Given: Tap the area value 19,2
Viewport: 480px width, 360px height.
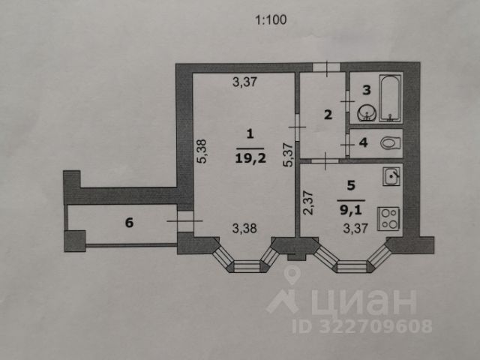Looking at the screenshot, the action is pyautogui.click(x=250, y=158).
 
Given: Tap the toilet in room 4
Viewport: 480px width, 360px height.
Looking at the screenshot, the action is pyautogui.click(x=388, y=143).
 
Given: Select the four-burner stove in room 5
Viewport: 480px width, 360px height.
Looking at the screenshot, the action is pyautogui.click(x=389, y=218).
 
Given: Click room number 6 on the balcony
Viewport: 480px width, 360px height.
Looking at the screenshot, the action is pyautogui.click(x=128, y=222).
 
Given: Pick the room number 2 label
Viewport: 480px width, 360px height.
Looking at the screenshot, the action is pyautogui.click(x=327, y=115).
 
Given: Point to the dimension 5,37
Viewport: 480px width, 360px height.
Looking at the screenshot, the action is pyautogui.click(x=285, y=154).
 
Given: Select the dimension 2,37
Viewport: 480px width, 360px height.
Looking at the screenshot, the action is pyautogui.click(x=307, y=204).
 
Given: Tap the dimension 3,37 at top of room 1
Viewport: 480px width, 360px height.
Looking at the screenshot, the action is pyautogui.click(x=244, y=83).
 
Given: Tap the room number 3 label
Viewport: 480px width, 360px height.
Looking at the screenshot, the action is pyautogui.click(x=367, y=90).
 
